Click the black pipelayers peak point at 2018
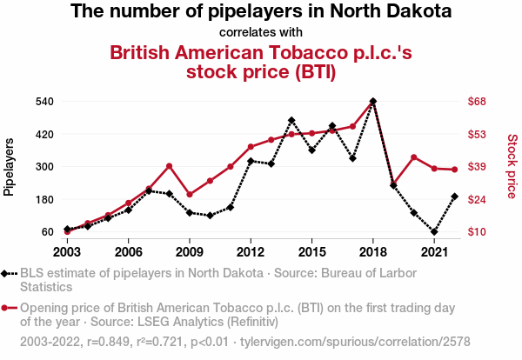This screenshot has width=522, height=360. pos(373,101)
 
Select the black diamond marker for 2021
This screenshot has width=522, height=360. pos(434,232)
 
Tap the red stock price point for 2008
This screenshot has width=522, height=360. pos(169,166)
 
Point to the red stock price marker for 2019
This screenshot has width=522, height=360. pos(393,184)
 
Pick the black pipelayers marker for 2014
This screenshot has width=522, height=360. pos(291,120)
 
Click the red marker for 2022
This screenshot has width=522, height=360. pos(454,170)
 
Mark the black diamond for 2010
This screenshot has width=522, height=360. pos(210,215)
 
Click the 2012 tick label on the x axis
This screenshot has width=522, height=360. pos(251,252)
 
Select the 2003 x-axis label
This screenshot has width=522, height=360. pos(67,252)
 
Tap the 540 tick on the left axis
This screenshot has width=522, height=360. pos(45,102)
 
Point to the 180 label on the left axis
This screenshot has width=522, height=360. pos(45,199)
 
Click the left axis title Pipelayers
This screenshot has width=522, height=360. pos(10,166)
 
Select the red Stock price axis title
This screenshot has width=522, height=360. pos(512,165)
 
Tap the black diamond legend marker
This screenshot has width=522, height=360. pos(6,273)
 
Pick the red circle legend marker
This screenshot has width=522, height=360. pos(6,308)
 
